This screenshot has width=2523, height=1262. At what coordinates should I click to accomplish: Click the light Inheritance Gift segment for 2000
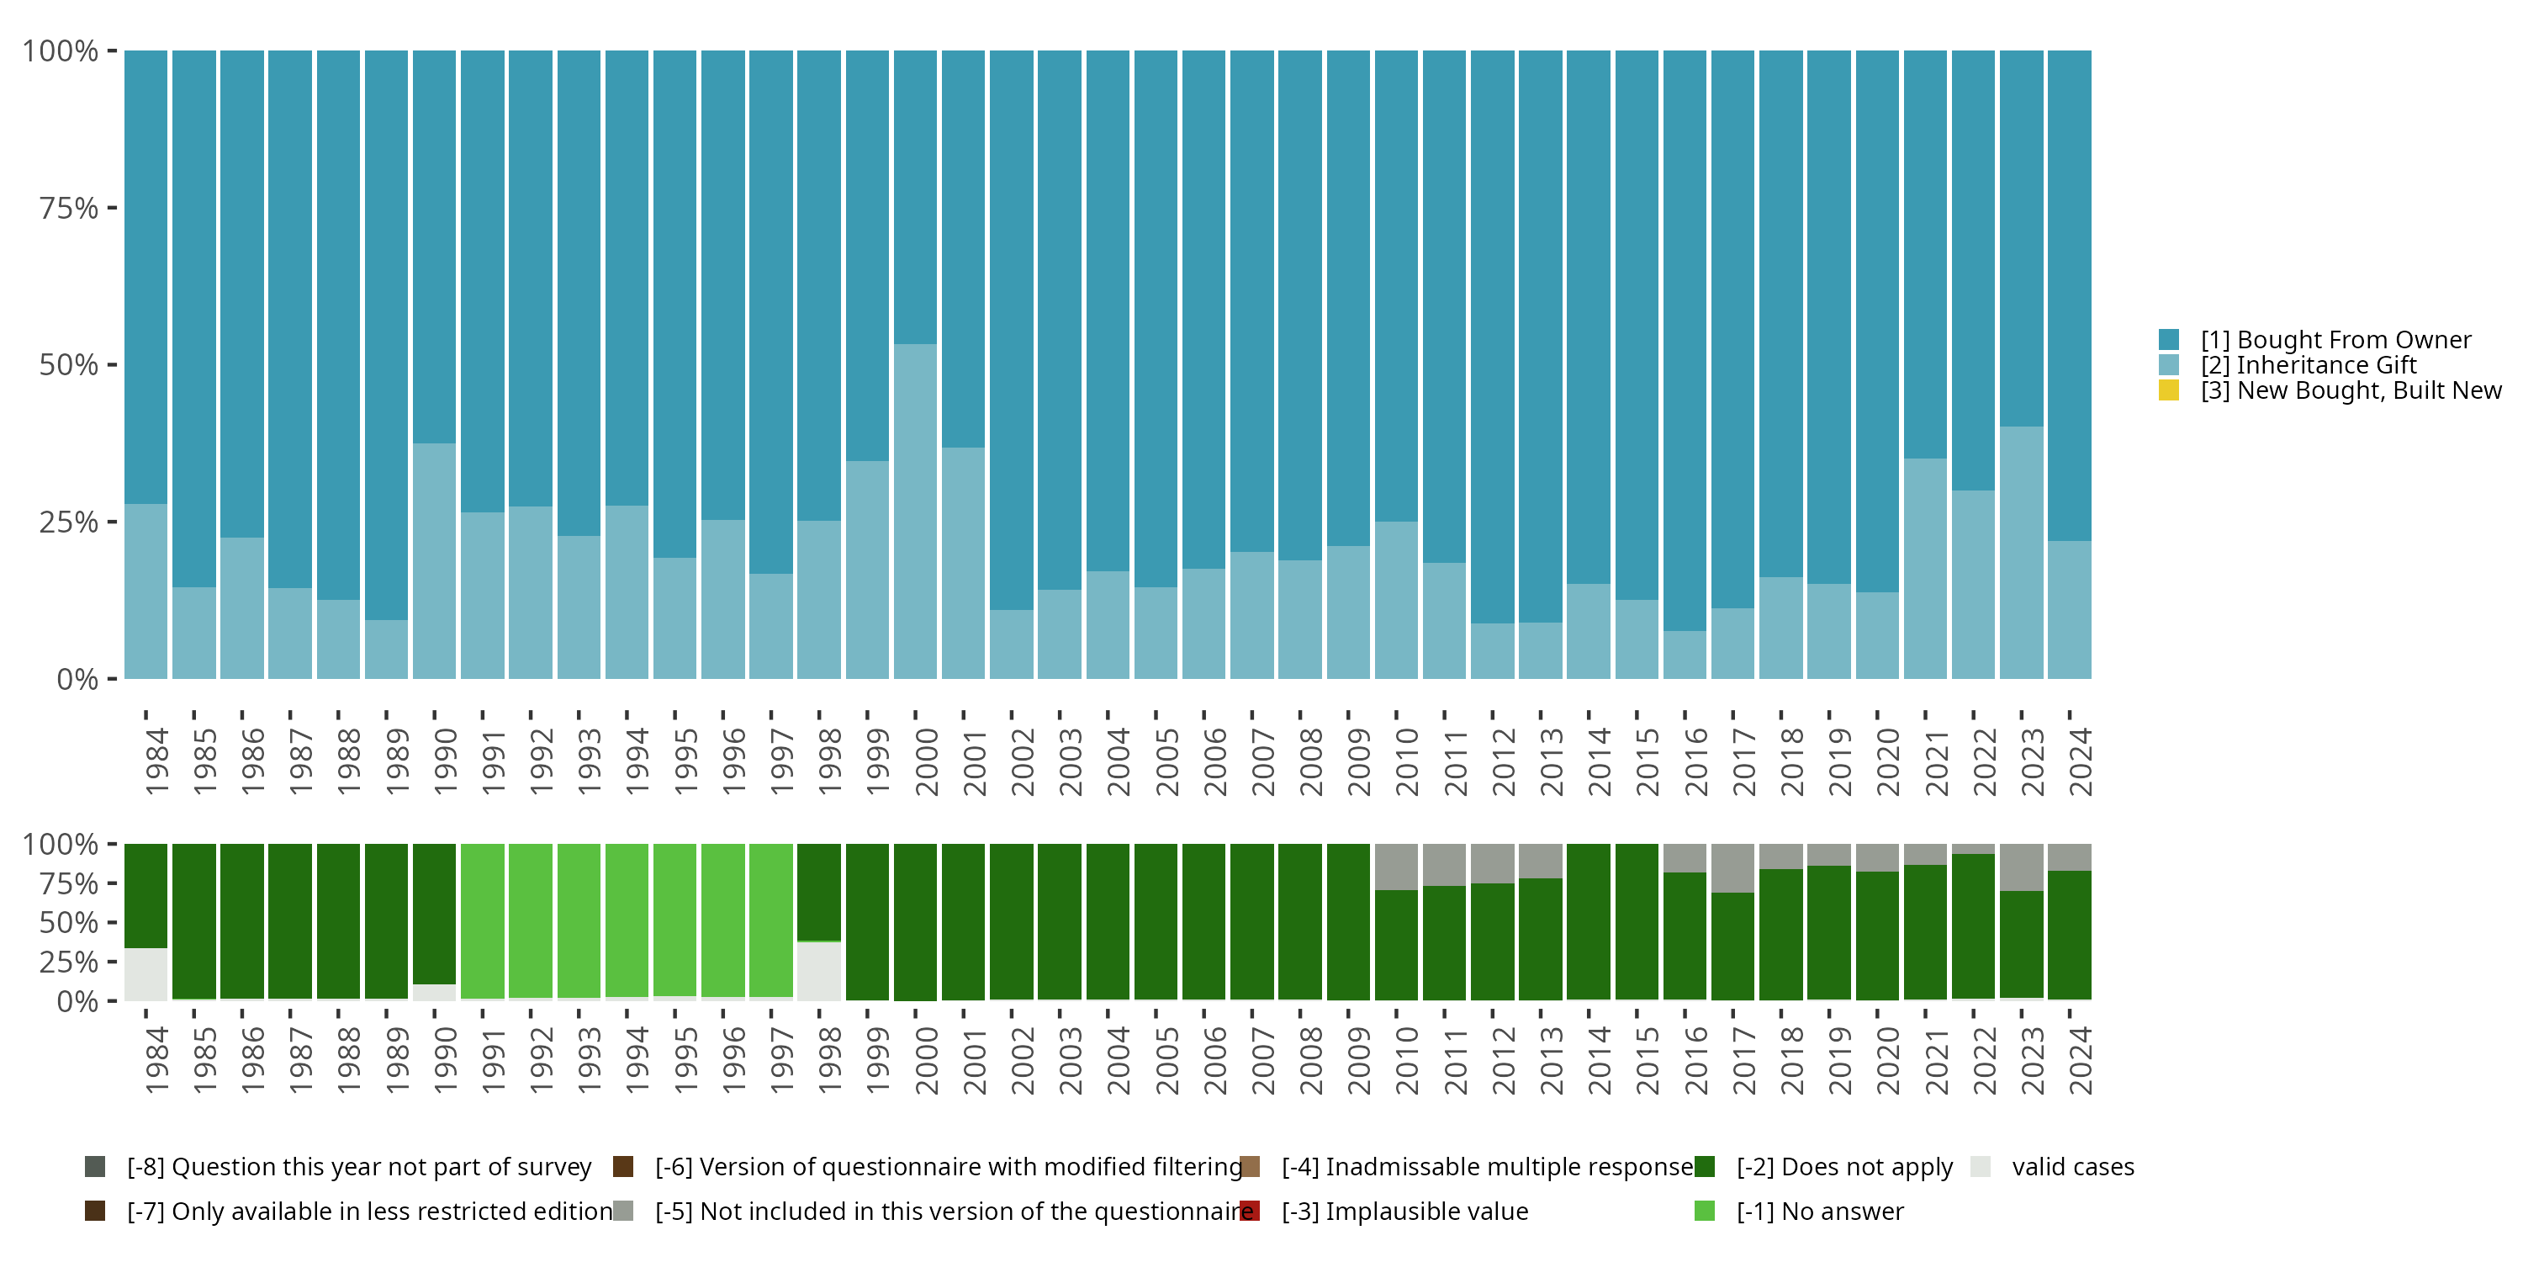click(915, 512)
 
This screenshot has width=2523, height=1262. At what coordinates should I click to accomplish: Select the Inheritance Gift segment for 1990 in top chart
click(434, 560)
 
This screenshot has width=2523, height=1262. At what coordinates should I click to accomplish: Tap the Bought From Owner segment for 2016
click(1685, 340)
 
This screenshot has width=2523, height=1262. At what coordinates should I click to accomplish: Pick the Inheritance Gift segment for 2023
click(2021, 553)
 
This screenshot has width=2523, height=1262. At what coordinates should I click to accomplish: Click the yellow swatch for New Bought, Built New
click(2168, 390)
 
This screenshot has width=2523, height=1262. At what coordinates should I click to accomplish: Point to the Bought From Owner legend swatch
click(2168, 340)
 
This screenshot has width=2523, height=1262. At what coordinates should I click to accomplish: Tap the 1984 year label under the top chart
click(156, 761)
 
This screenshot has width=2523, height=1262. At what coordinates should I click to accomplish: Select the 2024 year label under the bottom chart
click(2079, 1061)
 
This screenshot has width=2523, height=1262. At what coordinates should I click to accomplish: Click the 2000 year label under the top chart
click(926, 761)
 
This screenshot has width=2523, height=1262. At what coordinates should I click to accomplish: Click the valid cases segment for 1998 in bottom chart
click(819, 971)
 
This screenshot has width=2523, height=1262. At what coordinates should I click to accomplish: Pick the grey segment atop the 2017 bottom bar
click(1732, 867)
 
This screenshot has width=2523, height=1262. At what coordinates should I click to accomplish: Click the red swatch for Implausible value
click(1250, 1211)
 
